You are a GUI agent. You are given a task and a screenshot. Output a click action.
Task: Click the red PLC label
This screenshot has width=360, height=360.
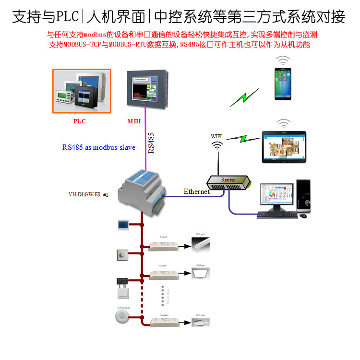(x=79, y=121)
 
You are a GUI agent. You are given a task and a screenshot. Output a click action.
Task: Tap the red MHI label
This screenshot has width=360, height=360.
(x=134, y=121)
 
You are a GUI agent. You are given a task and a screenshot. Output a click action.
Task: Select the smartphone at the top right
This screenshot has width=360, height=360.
(x=283, y=84)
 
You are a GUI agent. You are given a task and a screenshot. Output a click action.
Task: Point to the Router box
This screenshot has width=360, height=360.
(x=228, y=181)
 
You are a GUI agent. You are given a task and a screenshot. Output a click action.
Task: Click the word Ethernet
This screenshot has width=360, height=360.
(x=197, y=192)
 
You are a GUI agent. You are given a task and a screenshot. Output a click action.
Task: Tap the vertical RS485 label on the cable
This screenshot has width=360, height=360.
(x=151, y=143)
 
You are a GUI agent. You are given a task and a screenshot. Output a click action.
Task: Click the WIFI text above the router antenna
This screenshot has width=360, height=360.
(x=217, y=136)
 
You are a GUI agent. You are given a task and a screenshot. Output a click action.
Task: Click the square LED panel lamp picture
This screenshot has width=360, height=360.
(x=201, y=273)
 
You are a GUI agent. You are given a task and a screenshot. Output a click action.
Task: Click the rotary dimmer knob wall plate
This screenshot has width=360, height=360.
(x=121, y=255)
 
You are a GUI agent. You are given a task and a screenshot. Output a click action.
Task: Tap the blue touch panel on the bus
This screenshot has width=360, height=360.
(x=121, y=225)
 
